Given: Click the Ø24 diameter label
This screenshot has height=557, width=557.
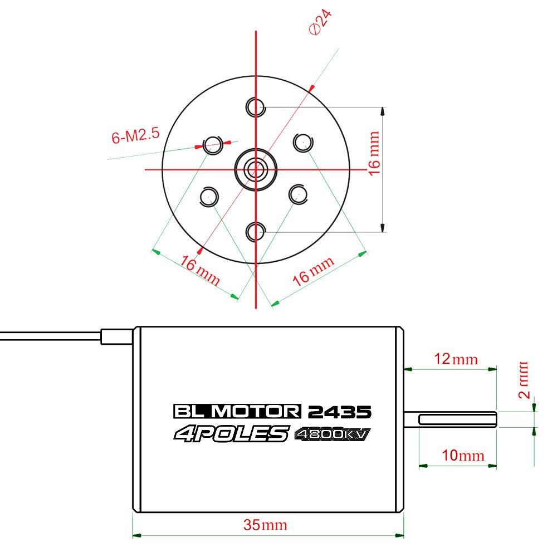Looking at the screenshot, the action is click(x=320, y=22).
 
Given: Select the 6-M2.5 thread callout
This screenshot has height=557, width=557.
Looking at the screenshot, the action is click(x=135, y=135).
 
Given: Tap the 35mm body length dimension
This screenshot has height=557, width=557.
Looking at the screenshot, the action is click(x=265, y=525).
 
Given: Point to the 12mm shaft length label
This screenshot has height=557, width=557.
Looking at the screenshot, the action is click(x=456, y=359).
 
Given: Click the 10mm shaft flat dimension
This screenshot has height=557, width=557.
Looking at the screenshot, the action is click(x=463, y=456).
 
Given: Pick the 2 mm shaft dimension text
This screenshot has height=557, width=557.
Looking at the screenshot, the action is click(x=524, y=380).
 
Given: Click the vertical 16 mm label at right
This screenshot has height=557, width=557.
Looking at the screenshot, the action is click(x=374, y=154).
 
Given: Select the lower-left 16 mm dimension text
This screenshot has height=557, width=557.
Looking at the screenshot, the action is click(x=199, y=270).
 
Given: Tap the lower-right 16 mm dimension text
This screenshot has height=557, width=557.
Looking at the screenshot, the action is click(x=313, y=271).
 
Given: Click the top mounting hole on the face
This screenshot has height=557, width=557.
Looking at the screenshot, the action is click(x=256, y=106).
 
